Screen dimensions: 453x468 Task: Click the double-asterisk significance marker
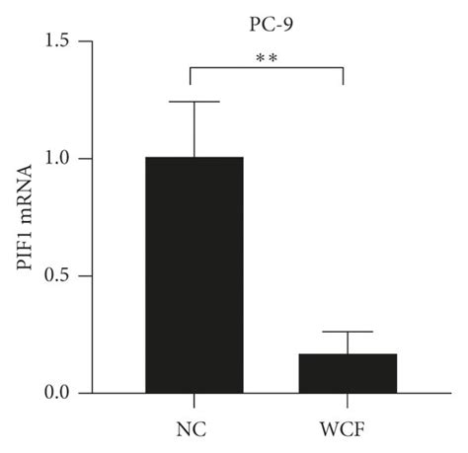coord(267,58)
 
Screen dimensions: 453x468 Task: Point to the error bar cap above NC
coord(195,102)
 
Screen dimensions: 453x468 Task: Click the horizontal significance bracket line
coord(267,68)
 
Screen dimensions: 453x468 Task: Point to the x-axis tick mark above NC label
coord(195,399)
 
